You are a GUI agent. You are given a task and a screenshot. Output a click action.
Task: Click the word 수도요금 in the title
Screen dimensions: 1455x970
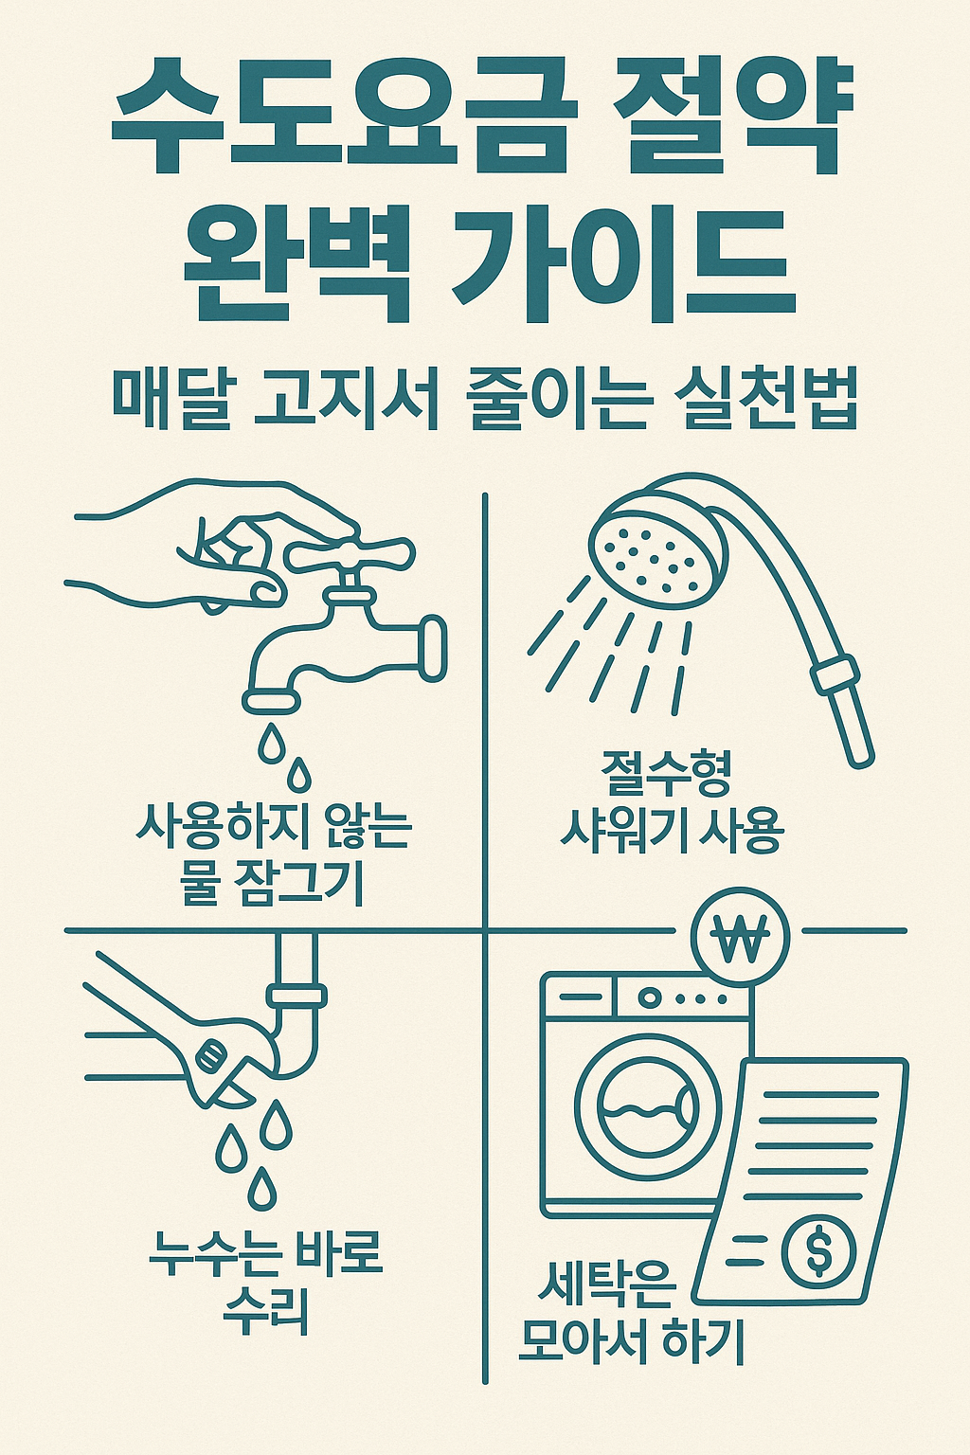(346, 118)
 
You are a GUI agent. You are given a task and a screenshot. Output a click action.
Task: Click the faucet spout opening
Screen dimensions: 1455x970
(273, 702)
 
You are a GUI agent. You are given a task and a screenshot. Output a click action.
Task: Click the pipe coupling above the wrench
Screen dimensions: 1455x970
(296, 996)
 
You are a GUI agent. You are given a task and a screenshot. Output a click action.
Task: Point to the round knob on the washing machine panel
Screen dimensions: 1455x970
(650, 997)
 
